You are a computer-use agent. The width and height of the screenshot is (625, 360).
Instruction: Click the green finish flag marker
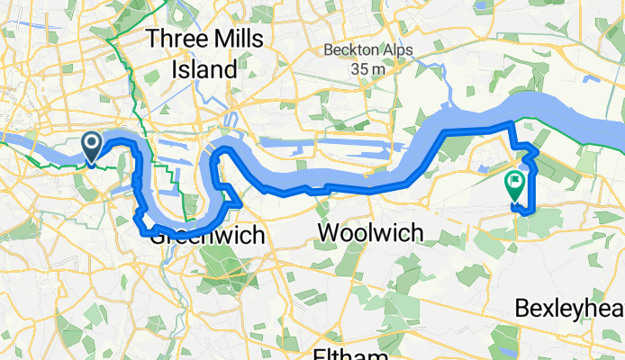(x=515, y=185)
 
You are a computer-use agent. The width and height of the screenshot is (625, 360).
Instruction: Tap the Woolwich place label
(x=370, y=233)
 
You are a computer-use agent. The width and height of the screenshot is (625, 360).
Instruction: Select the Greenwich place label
(x=208, y=236)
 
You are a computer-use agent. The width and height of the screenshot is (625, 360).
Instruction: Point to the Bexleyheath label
(x=569, y=309)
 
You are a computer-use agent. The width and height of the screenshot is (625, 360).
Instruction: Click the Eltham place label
(x=349, y=353)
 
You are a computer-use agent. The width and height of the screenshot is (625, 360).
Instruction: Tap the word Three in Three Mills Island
(x=176, y=39)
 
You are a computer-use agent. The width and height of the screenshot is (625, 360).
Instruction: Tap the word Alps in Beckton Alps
(x=389, y=49)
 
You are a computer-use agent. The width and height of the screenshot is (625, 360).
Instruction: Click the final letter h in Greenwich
(x=259, y=236)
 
